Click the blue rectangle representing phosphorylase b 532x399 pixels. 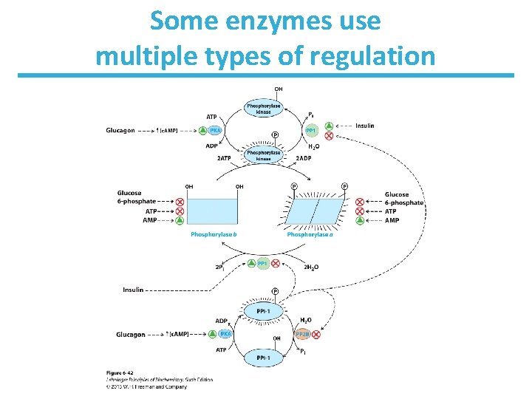[x=214, y=211]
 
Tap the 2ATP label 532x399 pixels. [x=225, y=157]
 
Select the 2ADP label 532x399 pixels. [x=304, y=157]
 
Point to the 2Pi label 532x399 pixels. [x=219, y=267]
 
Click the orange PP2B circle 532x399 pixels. [x=301, y=334]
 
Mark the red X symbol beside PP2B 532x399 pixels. [x=316, y=334]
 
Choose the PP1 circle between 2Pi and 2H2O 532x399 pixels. [x=262, y=263]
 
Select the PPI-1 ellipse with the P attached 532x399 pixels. [x=263, y=311]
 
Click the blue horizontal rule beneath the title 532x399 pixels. [x=266, y=75]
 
